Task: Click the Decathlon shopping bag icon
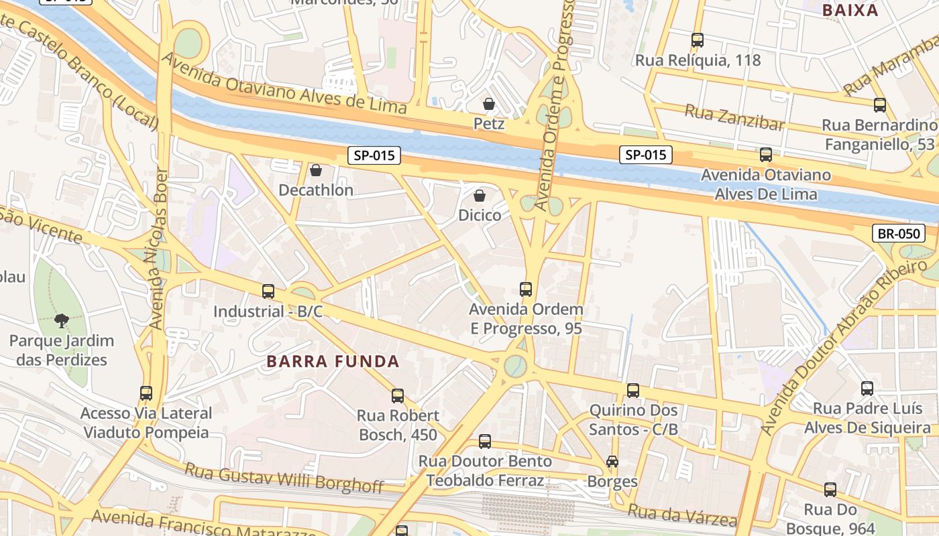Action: coord(316,170)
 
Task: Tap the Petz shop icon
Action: coord(489,104)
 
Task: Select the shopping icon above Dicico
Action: coord(480,195)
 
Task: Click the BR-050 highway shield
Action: coord(899,233)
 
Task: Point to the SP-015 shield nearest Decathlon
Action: coord(374,155)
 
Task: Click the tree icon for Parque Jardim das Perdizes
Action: coord(62,320)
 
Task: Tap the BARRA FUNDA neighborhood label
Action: coord(333,362)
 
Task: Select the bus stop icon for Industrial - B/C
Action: coord(268,291)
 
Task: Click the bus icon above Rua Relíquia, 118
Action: coord(698,40)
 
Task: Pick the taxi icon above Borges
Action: coord(612,461)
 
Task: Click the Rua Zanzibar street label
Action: coord(734,118)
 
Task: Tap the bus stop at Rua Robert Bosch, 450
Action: coord(398,395)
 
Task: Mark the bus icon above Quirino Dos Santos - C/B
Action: coord(633,390)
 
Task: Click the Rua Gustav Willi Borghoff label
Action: coord(284,476)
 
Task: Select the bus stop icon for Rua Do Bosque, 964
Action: coord(830,490)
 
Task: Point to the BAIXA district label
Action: coord(850,10)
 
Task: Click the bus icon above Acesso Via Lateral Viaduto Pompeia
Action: coord(146,393)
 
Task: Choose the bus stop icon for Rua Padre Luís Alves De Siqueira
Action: coord(867,388)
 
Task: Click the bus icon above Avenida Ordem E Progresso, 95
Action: coord(526,289)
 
